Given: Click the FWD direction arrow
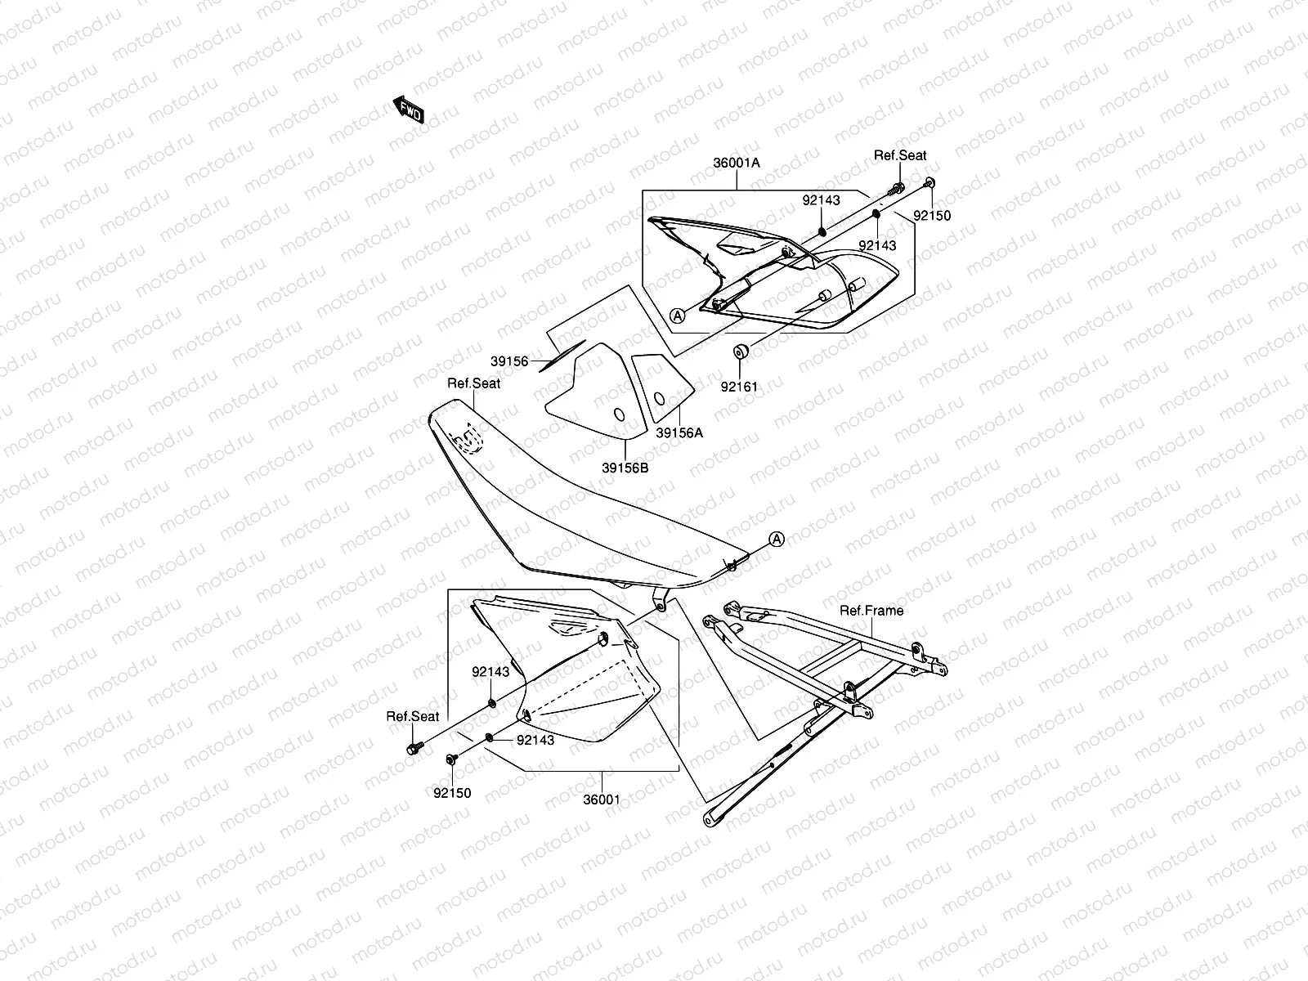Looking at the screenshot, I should (x=409, y=109).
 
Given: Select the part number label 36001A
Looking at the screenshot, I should (x=736, y=163).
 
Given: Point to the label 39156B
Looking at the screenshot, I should (x=625, y=468).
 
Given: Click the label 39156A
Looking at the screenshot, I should (x=679, y=433).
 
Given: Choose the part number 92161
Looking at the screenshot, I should (x=739, y=387).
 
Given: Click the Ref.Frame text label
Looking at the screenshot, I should (x=871, y=610).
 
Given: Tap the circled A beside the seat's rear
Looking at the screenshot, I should (x=777, y=539).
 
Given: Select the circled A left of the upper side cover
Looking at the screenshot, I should (x=677, y=315).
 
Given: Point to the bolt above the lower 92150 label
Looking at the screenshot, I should (x=451, y=760).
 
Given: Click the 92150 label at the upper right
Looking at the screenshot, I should (x=932, y=217).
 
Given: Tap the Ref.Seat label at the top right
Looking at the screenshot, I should (x=900, y=155).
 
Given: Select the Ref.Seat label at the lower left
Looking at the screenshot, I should (x=413, y=716).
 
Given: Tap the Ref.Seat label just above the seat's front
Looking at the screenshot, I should (x=474, y=383).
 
